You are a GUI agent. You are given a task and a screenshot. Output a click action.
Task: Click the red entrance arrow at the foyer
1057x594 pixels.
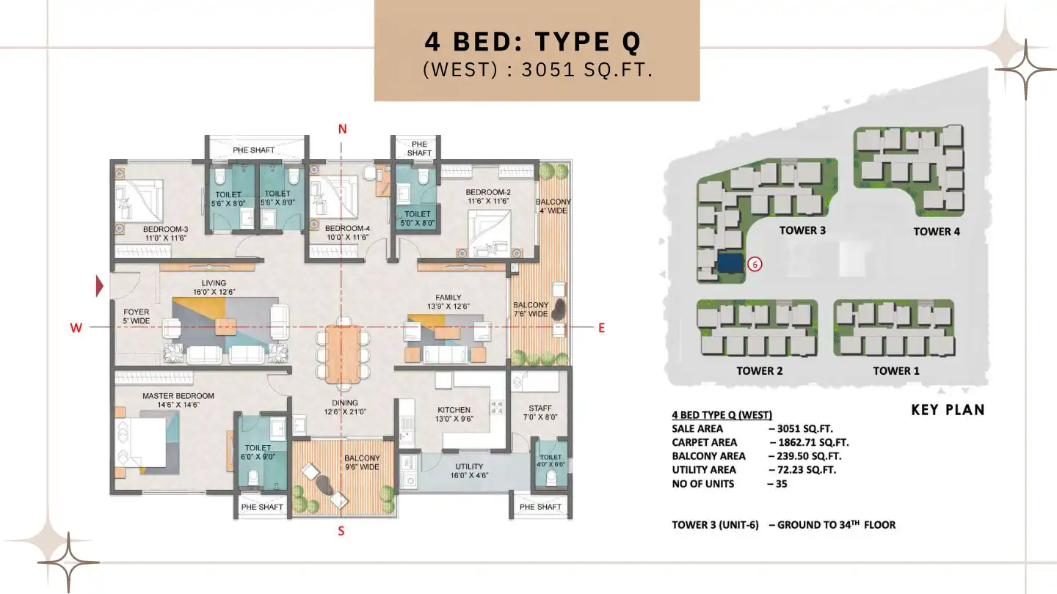pyautogui.click(x=101, y=287)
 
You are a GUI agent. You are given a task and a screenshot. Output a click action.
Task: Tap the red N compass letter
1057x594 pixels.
pyautogui.click(x=342, y=130)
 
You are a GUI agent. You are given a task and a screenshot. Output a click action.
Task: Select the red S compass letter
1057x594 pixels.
pyautogui.click(x=341, y=531)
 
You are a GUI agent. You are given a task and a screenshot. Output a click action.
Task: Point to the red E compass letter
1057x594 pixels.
pyautogui.click(x=601, y=329)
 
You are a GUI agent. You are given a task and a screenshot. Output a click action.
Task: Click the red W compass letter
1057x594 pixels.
pyautogui.click(x=76, y=329)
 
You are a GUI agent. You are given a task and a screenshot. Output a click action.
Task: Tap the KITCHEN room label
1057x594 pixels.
pyautogui.click(x=454, y=410)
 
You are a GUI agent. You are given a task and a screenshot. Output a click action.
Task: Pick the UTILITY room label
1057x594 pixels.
pyautogui.click(x=469, y=466)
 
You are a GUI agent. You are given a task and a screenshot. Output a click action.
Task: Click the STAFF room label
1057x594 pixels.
pyautogui.click(x=540, y=408)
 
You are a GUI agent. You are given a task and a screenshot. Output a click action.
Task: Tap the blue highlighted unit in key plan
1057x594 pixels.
pyautogui.click(x=729, y=263)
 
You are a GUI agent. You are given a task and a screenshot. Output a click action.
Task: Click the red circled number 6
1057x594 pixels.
pyautogui.click(x=755, y=264)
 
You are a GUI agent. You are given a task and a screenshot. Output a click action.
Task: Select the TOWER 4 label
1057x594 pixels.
pyautogui.click(x=937, y=232)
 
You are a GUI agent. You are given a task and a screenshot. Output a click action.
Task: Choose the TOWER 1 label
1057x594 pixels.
pyautogui.click(x=896, y=371)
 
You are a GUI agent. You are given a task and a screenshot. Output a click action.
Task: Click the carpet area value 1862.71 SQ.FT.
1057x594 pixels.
pyautogui.click(x=809, y=442)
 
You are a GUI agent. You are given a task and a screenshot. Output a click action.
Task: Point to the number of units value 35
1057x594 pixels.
pyautogui.click(x=777, y=484)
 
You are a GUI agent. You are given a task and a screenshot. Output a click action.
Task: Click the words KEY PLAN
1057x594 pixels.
pyautogui.click(x=948, y=410)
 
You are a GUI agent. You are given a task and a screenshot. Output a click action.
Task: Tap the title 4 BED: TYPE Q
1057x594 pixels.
pyautogui.click(x=534, y=42)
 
